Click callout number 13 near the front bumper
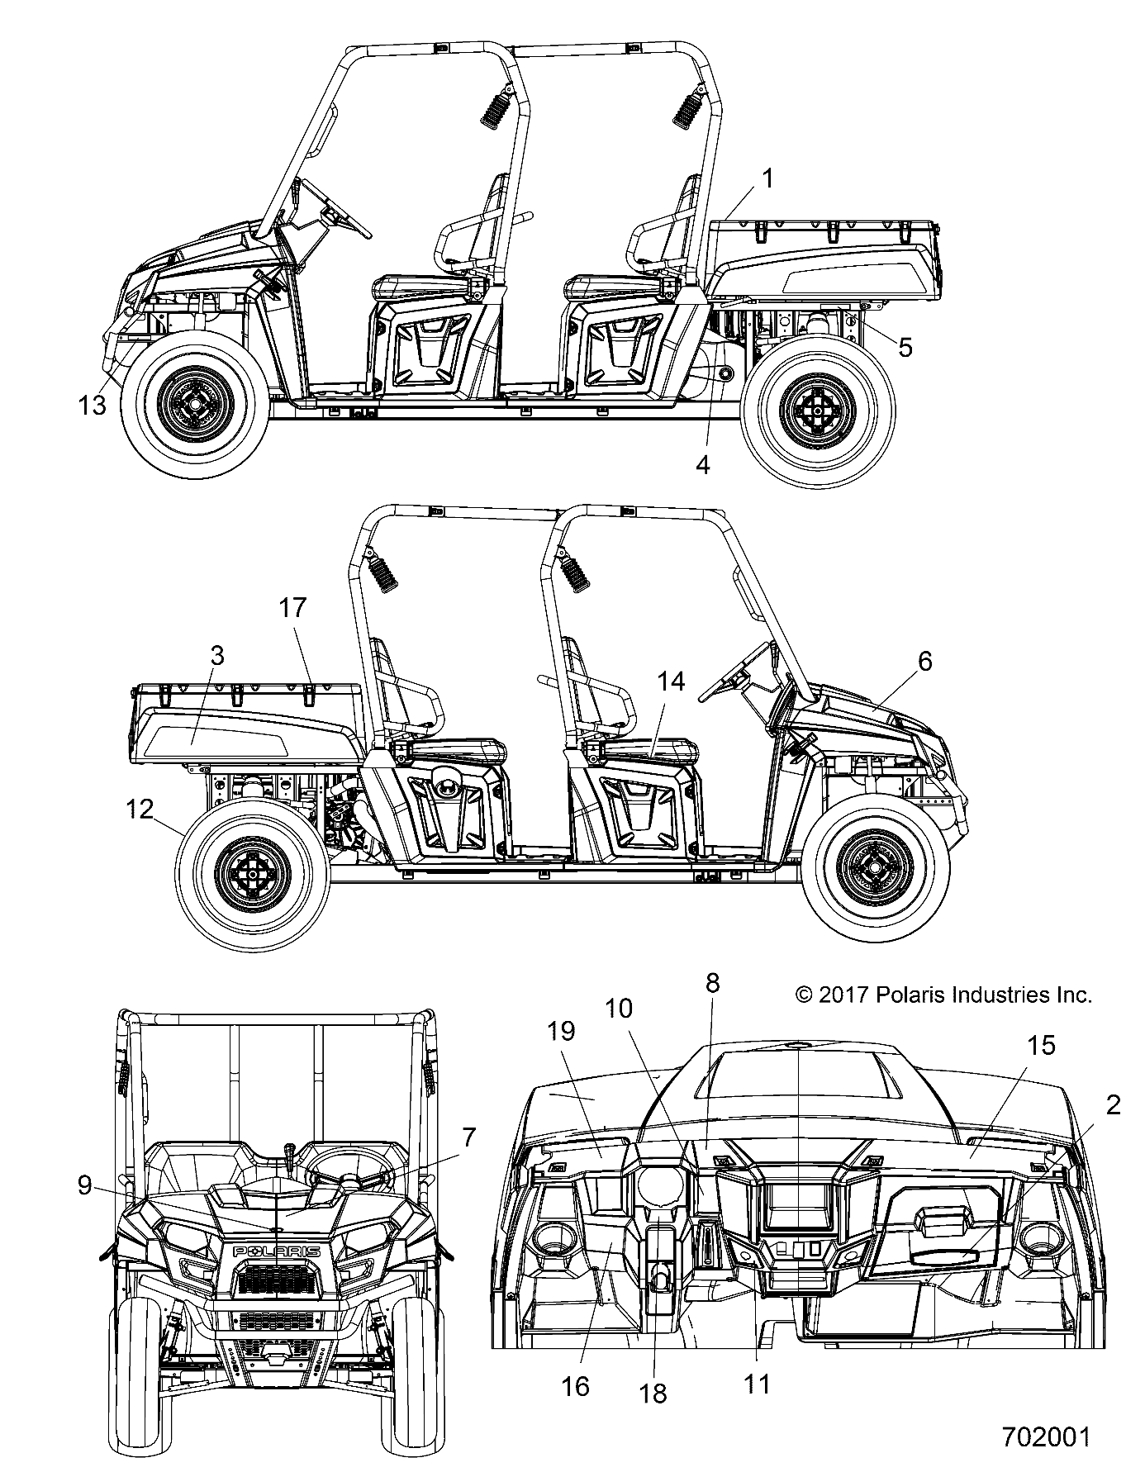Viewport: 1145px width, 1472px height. [x=93, y=405]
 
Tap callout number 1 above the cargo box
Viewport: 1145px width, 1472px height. [x=767, y=178]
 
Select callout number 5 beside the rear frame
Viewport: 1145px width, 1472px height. [x=905, y=348]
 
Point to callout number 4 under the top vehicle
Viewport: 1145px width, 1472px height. [x=702, y=464]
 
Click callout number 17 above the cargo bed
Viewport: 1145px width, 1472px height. [x=292, y=608]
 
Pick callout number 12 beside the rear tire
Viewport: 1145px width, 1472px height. [x=140, y=809]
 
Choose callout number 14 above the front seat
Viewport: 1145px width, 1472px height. [x=672, y=681]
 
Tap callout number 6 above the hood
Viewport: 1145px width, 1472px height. [x=924, y=660]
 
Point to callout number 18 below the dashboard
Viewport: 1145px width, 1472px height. [x=653, y=1392]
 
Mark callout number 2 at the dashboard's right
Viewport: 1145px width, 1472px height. [x=1113, y=1104]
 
